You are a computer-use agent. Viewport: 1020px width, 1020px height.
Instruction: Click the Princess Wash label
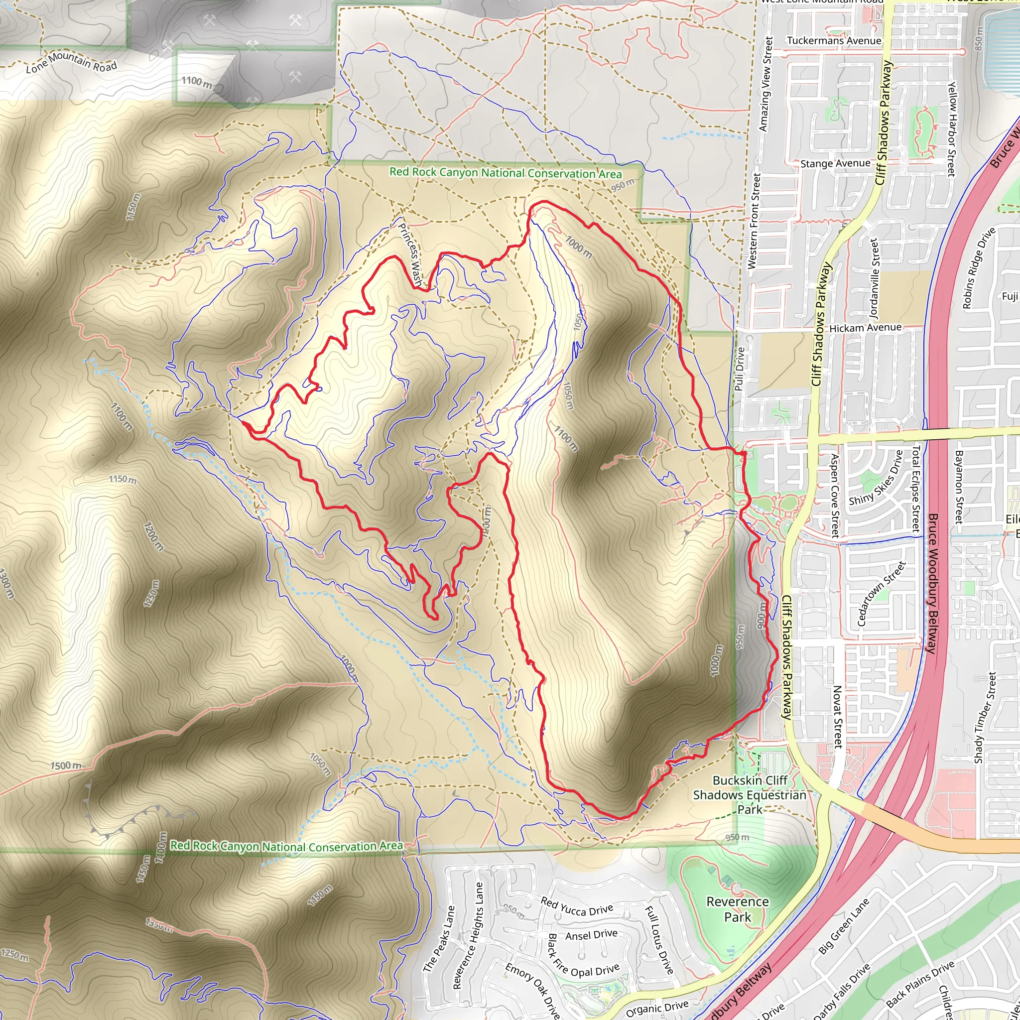410,255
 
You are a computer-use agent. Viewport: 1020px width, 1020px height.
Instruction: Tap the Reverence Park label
738,909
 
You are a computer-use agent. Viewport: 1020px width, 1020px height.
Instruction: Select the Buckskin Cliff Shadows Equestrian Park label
750,794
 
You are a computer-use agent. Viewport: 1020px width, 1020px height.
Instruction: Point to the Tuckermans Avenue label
834,41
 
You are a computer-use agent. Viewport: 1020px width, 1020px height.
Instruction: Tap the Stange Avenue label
835,164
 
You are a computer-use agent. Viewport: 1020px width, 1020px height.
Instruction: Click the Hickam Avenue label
865,328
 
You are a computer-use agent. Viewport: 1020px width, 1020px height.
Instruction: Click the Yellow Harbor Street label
951,129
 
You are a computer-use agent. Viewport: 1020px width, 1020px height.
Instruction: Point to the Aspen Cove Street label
834,495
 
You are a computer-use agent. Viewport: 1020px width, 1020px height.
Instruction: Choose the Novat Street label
836,717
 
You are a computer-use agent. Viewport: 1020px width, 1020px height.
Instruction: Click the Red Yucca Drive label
577,904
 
